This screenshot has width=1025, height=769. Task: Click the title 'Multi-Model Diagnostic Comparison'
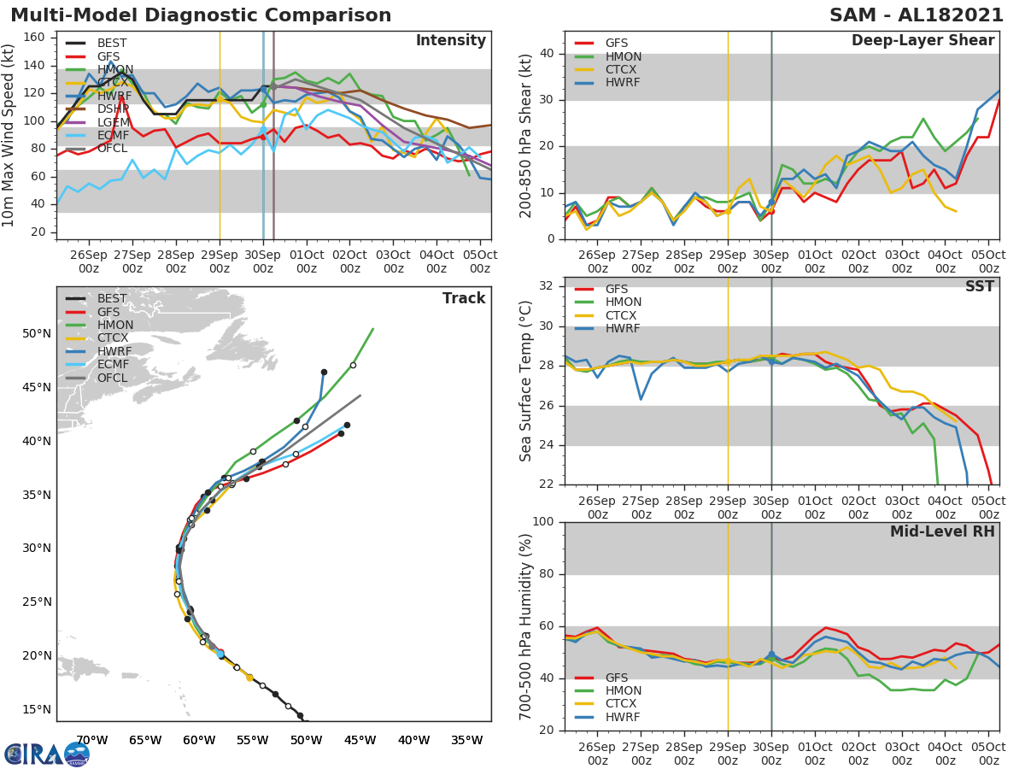[x=201, y=15]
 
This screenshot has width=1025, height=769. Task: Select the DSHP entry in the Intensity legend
[x=112, y=109]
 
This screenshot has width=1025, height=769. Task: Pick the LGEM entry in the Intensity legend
[x=112, y=122]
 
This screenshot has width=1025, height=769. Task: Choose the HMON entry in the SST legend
[x=623, y=302]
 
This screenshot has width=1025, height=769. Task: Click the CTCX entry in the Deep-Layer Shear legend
[x=623, y=69]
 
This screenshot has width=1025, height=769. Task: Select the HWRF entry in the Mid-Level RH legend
[x=623, y=717]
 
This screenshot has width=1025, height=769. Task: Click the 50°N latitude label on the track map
[x=36, y=333]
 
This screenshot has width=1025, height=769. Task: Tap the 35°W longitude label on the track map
[x=467, y=740]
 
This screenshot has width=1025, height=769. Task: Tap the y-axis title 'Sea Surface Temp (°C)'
[x=526, y=380]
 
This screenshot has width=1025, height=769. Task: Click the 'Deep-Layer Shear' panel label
[x=922, y=41]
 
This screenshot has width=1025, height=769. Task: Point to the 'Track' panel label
[x=463, y=298]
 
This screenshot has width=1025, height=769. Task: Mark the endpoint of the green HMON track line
[x=373, y=328]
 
